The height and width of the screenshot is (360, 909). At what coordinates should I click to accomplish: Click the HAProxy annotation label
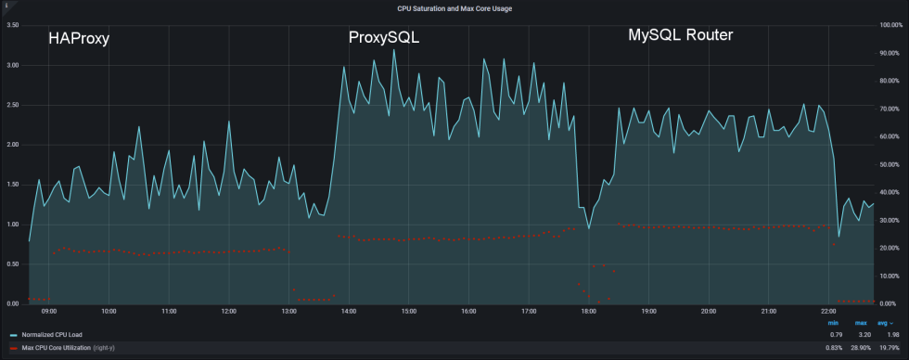click(x=79, y=39)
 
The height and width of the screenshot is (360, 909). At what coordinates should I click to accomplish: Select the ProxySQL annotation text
click(x=384, y=38)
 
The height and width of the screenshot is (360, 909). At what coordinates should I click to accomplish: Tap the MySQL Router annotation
click(x=681, y=35)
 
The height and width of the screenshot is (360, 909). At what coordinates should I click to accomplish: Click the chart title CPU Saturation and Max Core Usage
click(x=454, y=8)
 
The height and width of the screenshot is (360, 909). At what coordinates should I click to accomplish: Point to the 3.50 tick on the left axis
click(x=13, y=25)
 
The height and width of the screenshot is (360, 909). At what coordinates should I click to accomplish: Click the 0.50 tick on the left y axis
click(x=13, y=264)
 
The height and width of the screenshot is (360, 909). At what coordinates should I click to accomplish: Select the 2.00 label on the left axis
click(x=13, y=145)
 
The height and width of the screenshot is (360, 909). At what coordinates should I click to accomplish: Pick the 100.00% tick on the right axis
click(x=891, y=25)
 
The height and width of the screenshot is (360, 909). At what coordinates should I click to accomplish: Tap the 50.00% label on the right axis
click(x=890, y=164)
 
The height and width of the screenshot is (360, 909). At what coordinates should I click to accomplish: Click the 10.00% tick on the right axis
click(x=890, y=276)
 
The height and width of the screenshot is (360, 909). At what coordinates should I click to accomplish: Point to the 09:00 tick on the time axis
click(x=49, y=312)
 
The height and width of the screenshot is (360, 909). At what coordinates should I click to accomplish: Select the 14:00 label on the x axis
click(x=349, y=312)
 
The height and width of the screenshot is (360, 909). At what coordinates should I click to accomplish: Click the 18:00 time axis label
click(x=588, y=312)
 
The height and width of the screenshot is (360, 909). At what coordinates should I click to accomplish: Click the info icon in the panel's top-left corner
click(x=6, y=6)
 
